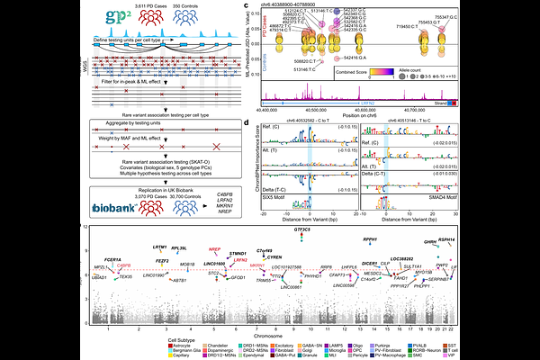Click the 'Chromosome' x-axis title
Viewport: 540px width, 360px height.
tap(282, 334)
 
